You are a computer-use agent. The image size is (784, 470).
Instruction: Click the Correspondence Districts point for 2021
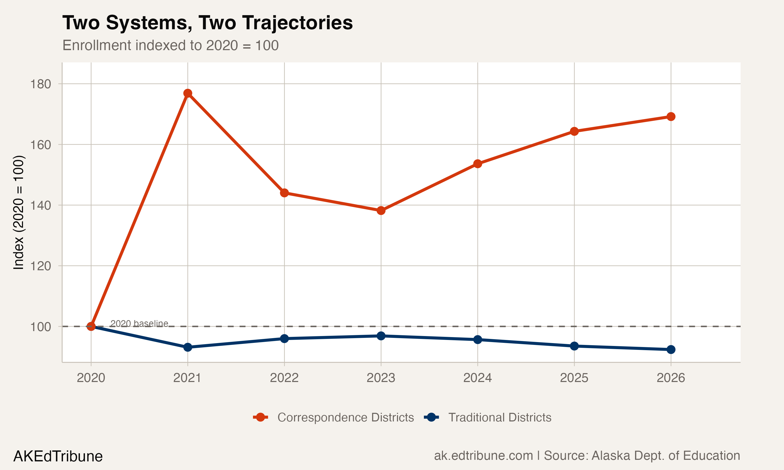point(188,93)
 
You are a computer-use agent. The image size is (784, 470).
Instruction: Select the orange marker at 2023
point(381,211)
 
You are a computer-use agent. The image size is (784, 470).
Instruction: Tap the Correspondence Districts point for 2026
point(671,116)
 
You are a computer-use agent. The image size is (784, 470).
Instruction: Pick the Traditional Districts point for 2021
point(188,348)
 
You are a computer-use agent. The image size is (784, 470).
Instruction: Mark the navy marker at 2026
point(671,350)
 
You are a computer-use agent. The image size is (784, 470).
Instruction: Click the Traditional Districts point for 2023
point(381,336)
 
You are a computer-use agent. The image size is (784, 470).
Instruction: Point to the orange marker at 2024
point(477,164)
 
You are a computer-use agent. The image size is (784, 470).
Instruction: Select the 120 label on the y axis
point(40,266)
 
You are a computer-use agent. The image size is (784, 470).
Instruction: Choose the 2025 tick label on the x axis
point(574,378)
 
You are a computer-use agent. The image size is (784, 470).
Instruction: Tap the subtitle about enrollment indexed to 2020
point(170,45)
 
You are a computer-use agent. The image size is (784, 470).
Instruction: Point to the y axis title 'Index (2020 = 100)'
point(18,212)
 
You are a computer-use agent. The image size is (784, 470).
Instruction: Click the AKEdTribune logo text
point(58,456)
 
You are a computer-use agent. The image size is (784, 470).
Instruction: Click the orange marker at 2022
point(284,193)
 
